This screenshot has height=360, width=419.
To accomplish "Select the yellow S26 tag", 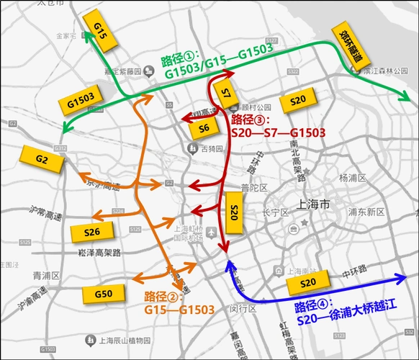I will tap(91, 231).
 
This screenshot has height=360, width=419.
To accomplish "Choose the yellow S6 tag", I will tap(204, 127).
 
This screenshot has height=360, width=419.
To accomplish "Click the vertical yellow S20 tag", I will tap(234, 212).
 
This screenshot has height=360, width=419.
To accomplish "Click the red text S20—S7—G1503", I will tap(278, 132).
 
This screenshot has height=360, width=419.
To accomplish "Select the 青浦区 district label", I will tap(45, 275).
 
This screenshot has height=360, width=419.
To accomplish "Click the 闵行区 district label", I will tap(243, 308).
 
